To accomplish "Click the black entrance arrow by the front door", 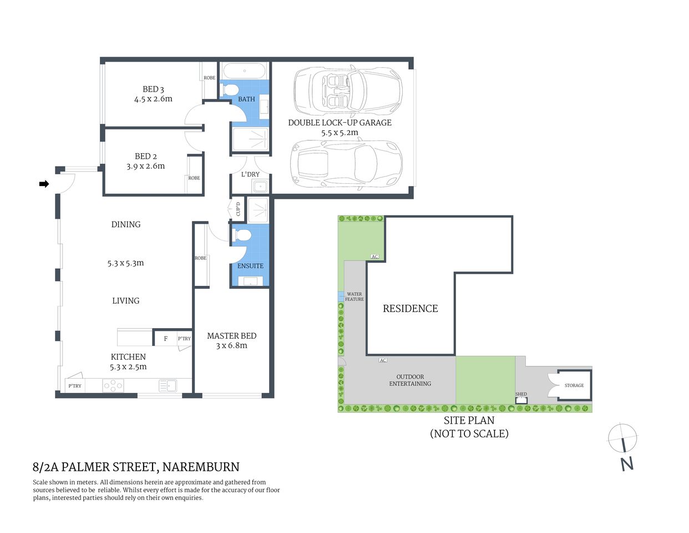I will pyautogui.click(x=44, y=184).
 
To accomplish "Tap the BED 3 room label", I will pyautogui.click(x=153, y=89).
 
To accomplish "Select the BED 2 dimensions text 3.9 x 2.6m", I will pyautogui.click(x=145, y=166).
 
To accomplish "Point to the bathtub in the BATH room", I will pyautogui.click(x=244, y=72).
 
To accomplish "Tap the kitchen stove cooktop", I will pyautogui.click(x=113, y=385).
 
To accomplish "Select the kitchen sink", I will pyautogui.click(x=167, y=385).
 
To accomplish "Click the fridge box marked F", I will pyautogui.click(x=165, y=338).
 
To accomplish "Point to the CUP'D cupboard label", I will pyautogui.click(x=238, y=209).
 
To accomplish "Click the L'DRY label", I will pyautogui.click(x=250, y=174).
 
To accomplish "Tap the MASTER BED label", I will pyautogui.click(x=231, y=336).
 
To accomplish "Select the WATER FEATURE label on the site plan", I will pyautogui.click(x=354, y=296).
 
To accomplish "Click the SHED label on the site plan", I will pyautogui.click(x=521, y=395).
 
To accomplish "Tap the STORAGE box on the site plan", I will pyautogui.click(x=574, y=385).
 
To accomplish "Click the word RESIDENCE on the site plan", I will pyautogui.click(x=410, y=309).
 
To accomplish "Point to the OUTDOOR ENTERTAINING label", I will pyautogui.click(x=410, y=380).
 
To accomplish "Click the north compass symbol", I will pyautogui.click(x=622, y=438).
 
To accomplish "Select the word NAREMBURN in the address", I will pyautogui.click(x=202, y=467).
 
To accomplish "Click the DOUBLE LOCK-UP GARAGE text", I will pyautogui.click(x=340, y=123).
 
